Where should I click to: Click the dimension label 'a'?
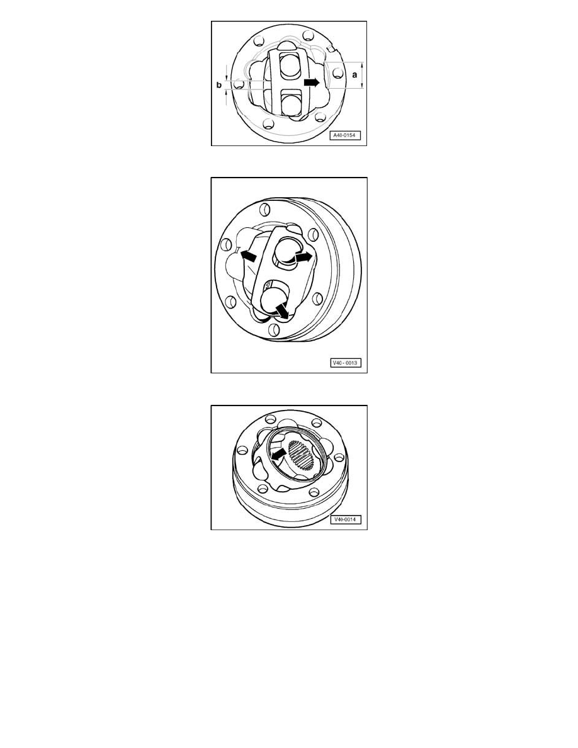pos(354,75)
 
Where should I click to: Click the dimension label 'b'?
pos(219,85)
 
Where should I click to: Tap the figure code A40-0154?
pos(345,135)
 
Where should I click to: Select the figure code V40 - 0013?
pos(345,363)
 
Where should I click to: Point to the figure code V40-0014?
pos(345,519)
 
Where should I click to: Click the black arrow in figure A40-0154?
pos(312,82)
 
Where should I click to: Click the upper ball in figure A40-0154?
pos(290,66)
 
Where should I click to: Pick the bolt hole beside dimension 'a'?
pos(337,74)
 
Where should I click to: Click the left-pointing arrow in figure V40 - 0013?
pos(248,255)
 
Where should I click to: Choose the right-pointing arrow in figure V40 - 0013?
pos(303,257)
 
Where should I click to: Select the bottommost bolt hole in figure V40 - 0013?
pos(275,330)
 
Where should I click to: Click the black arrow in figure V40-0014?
pos(279,454)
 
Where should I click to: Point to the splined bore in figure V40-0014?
pos(300,456)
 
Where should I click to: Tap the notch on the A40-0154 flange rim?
pos(332,48)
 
